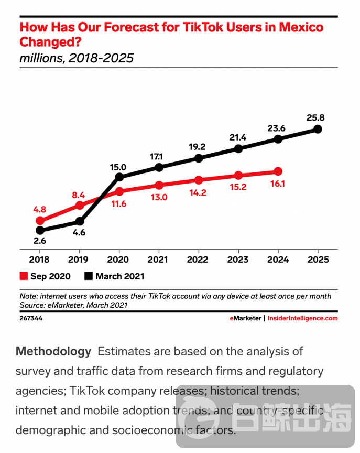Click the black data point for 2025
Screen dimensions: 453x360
tap(318, 129)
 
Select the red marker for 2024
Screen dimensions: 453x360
tap(278, 171)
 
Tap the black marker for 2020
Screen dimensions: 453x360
tap(119, 177)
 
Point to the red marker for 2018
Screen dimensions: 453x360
tap(40, 221)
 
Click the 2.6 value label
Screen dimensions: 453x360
tap(40, 242)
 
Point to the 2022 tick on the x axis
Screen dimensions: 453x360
tap(199, 260)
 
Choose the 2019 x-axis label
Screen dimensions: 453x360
tap(79, 260)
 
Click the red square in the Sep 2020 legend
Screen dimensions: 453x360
tap(23, 276)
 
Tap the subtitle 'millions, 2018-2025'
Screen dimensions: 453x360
tap(77, 58)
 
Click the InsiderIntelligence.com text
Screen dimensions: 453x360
tap(303, 318)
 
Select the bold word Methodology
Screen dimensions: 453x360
tap(53, 351)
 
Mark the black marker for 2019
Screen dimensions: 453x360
tap(80, 221)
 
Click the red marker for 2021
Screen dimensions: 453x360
tap(159, 185)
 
